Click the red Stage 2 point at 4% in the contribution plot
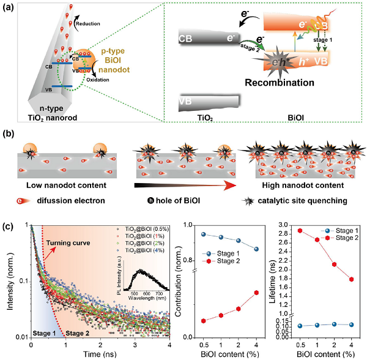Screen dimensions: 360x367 pos(256,292)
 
